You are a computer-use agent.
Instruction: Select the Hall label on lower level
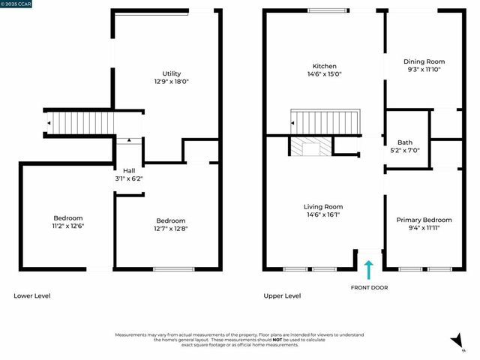[129, 170]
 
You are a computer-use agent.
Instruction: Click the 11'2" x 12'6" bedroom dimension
[67, 226]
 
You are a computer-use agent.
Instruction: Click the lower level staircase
[82, 121]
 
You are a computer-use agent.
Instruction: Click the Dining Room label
[424, 61]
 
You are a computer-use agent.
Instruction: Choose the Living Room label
[323, 206]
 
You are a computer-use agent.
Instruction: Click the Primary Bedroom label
[424, 220]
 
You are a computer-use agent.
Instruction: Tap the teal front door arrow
[368, 269]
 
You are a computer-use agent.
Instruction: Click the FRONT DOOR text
[369, 287]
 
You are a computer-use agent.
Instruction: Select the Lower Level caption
[32, 295]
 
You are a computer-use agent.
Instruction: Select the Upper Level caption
[282, 295]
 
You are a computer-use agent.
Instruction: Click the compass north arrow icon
[456, 342]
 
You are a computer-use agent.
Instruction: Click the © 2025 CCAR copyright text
[16, 4]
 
